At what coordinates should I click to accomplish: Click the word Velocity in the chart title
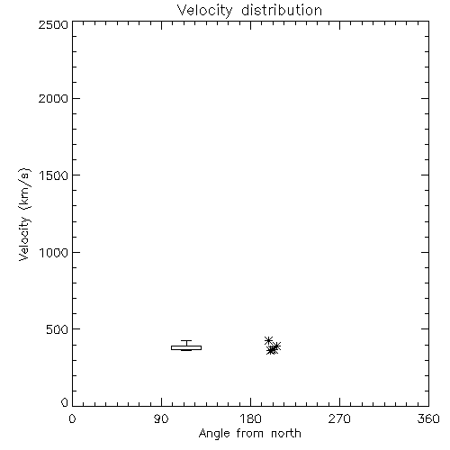click(x=205, y=11)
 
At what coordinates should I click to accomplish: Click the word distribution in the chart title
click(x=282, y=10)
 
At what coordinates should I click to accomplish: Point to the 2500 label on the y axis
click(x=53, y=24)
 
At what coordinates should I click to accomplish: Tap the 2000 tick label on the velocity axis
click(x=53, y=98)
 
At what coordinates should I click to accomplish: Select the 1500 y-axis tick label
click(x=54, y=175)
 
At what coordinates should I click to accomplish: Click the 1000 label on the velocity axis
click(x=54, y=253)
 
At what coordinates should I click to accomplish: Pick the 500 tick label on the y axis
click(x=58, y=329)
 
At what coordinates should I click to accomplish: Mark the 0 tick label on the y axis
click(x=65, y=402)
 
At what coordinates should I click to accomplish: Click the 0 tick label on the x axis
click(x=72, y=418)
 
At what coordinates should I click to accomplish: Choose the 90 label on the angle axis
click(x=161, y=418)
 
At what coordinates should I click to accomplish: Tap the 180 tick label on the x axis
click(x=250, y=418)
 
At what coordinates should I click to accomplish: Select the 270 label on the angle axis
click(x=339, y=418)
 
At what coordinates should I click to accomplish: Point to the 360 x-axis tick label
click(x=428, y=418)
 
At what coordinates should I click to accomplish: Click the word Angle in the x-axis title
click(x=214, y=434)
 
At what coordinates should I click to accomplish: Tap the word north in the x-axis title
click(x=286, y=434)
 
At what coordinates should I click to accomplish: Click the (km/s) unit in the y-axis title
click(x=24, y=189)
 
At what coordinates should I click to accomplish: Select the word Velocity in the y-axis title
click(x=24, y=238)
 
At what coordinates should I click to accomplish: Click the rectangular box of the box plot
click(x=186, y=347)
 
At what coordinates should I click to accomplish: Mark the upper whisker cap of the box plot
click(x=186, y=340)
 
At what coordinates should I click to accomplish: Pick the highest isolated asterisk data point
click(x=268, y=340)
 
